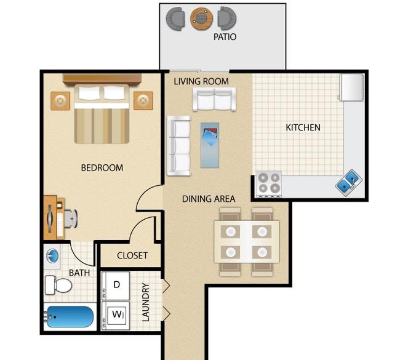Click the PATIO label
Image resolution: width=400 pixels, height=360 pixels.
(x=225, y=37)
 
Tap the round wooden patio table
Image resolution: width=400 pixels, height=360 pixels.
(x=201, y=18)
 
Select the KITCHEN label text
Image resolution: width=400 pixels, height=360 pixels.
(x=303, y=127)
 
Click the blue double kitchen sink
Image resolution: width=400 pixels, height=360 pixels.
(x=349, y=183)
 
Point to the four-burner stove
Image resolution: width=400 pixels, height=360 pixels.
(x=269, y=185)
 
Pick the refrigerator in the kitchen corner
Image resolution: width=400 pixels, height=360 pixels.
(x=351, y=87)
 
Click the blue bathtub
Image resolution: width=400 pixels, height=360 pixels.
(x=70, y=317)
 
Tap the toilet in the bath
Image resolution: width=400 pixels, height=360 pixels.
(x=58, y=285)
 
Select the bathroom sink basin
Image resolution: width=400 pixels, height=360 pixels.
(x=53, y=255)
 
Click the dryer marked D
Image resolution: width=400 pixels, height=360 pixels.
(x=116, y=286)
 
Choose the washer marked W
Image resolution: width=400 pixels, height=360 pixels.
(x=116, y=316)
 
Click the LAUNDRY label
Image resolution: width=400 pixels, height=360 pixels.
(x=145, y=302)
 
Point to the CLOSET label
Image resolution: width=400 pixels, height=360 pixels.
(x=132, y=255)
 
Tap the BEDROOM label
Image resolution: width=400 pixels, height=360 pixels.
(x=102, y=167)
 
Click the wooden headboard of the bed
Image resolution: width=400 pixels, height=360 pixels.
(x=102, y=79)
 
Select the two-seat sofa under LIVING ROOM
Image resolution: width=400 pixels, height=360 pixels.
(x=214, y=99)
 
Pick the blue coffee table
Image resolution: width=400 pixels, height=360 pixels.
(x=210, y=145)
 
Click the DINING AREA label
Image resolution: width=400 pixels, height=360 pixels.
(x=209, y=199)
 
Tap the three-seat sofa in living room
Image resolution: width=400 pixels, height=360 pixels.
(x=179, y=146)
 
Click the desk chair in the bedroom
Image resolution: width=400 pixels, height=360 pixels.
(x=71, y=218)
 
